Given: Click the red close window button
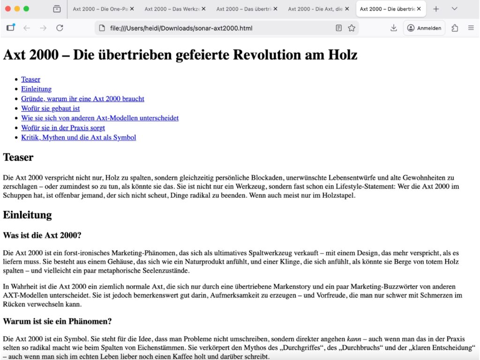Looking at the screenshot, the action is [x=7, y=8].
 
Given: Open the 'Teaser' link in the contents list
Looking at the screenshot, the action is [x=30, y=79].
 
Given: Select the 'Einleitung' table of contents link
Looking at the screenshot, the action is [x=36, y=89].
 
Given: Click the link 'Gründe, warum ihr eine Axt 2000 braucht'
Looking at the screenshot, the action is [x=82, y=99].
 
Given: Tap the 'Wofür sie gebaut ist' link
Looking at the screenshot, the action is [x=50, y=108].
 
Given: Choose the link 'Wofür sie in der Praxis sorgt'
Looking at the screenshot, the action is [x=63, y=127].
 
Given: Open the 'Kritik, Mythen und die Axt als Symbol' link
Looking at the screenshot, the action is [x=78, y=137].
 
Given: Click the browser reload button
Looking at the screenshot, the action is [x=60, y=28].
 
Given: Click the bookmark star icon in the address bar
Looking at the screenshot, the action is [x=352, y=28].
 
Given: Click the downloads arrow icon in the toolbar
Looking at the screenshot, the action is [x=393, y=28].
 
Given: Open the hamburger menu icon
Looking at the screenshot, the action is [x=471, y=28].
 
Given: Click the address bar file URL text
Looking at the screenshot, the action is [x=181, y=28].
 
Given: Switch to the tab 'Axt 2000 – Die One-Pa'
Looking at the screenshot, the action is [x=100, y=9].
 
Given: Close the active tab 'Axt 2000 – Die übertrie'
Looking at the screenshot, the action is [x=419, y=9].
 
